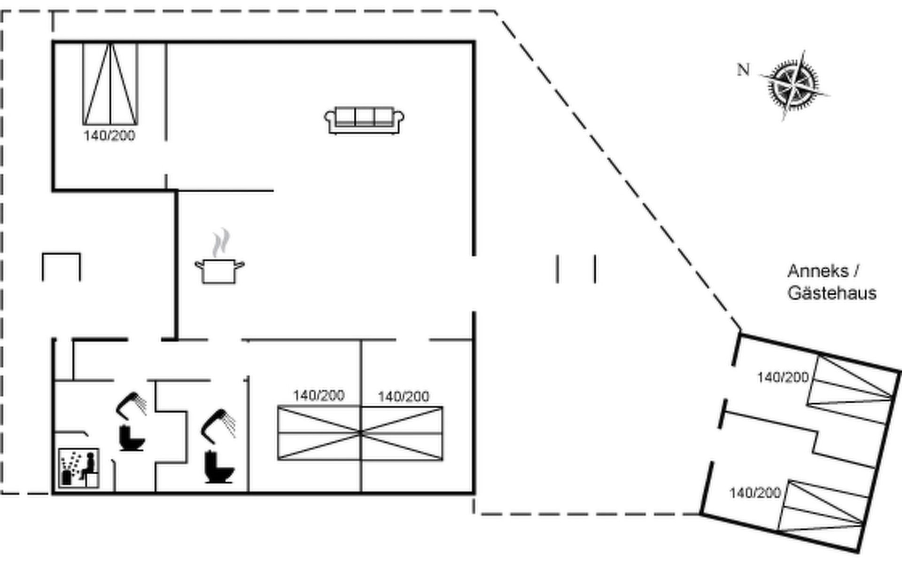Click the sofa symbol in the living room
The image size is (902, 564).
[364, 120]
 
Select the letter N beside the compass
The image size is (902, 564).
[743, 70]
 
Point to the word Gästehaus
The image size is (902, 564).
[832, 293]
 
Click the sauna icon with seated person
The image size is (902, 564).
[78, 468]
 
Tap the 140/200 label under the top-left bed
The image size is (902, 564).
[109, 136]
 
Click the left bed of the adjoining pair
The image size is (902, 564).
[319, 433]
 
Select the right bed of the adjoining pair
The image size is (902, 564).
[402, 433]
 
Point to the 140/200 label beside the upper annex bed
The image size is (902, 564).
[783, 377]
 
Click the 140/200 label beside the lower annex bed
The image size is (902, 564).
[755, 493]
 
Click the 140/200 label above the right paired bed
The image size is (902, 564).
[403, 397]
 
